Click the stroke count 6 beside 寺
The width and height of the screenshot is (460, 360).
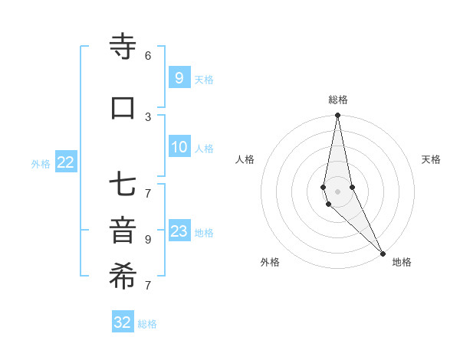click(x=148, y=55)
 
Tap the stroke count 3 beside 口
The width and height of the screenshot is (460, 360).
click(x=148, y=116)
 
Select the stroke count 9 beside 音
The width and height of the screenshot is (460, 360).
click(x=148, y=239)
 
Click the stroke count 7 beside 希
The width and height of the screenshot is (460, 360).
click(x=148, y=286)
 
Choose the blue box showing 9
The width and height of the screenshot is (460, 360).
click(x=179, y=77)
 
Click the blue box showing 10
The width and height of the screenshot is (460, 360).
click(x=179, y=147)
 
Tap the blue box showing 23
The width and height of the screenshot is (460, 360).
click(x=179, y=231)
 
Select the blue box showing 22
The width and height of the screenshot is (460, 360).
click(x=66, y=162)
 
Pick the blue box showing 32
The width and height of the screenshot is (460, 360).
click(x=123, y=322)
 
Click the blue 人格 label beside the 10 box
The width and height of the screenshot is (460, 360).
click(x=204, y=148)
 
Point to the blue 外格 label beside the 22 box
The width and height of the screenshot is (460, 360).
click(x=41, y=163)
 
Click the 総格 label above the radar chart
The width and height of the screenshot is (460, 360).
click(x=338, y=100)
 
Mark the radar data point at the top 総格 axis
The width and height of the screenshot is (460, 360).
click(x=338, y=116)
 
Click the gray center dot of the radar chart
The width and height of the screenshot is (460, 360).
click(x=338, y=191)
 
